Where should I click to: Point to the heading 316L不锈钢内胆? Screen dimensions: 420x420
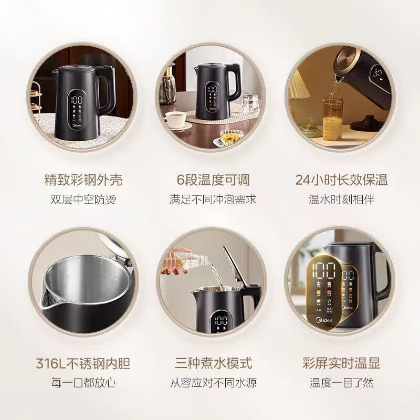(83, 363)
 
